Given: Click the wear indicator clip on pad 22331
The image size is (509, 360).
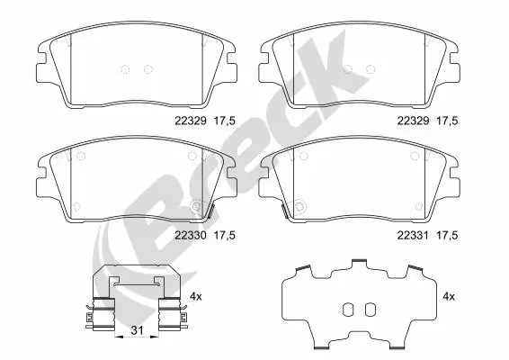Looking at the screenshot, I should (284, 212).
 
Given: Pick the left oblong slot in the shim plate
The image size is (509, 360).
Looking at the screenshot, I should (349, 309).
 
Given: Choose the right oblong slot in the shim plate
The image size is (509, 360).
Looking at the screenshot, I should (367, 309).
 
